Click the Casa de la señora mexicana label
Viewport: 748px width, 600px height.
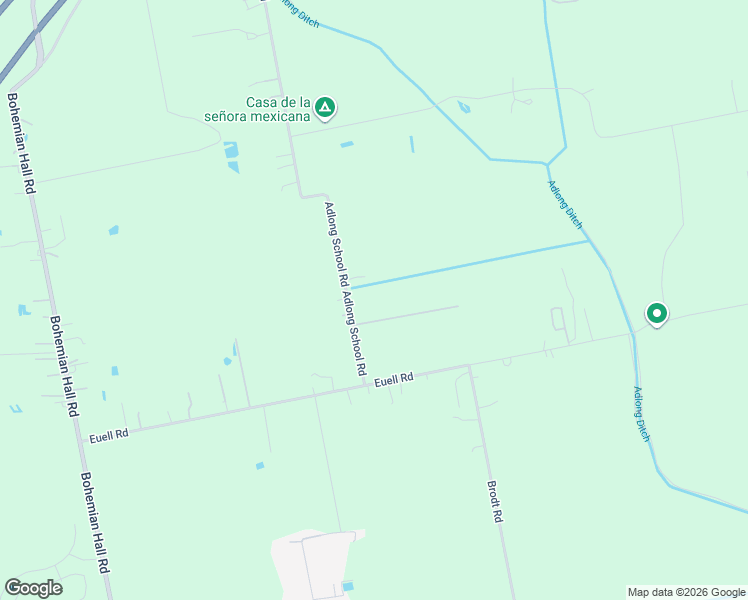279,109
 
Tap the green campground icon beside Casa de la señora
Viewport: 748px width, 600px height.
324,105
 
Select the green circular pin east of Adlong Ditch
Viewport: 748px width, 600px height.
656,314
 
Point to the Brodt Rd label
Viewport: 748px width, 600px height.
494,503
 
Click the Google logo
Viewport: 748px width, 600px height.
33,588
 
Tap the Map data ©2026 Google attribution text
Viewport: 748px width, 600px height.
686,592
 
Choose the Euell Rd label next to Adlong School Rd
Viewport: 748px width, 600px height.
394,380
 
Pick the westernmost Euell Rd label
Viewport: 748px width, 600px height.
109,435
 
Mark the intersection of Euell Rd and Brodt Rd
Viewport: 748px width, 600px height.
468,367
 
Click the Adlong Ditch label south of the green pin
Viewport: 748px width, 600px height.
642,415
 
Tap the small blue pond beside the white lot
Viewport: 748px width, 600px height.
347,585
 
